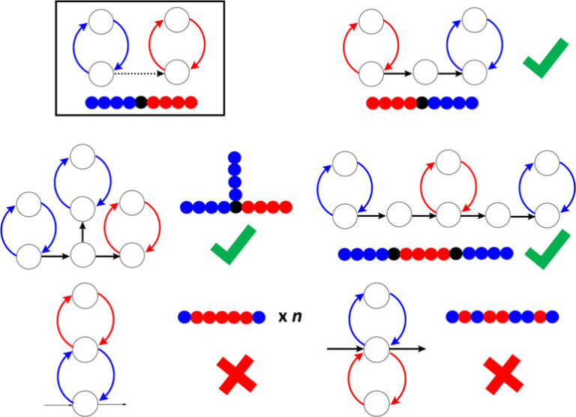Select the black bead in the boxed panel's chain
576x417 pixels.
point(141,101)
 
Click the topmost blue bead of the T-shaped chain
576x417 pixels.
point(235,157)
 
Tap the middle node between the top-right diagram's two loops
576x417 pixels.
point(424,73)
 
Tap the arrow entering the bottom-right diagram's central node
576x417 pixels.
point(346,348)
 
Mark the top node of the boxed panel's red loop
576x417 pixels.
point(175,19)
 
